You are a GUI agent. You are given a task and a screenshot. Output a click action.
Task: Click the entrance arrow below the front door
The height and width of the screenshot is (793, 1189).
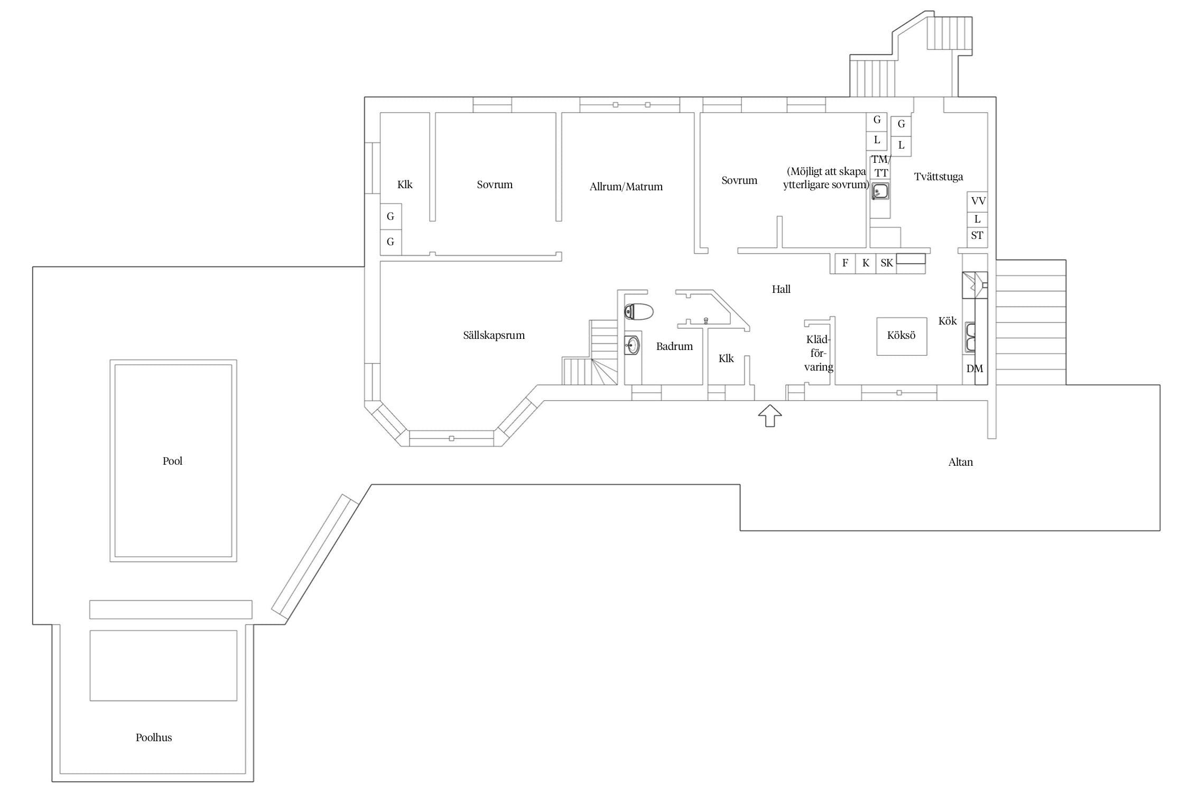[x=770, y=416]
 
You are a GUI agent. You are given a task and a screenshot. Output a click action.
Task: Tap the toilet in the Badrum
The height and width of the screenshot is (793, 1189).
[x=638, y=311]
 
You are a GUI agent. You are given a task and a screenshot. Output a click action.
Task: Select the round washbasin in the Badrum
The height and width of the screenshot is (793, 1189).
[x=632, y=346]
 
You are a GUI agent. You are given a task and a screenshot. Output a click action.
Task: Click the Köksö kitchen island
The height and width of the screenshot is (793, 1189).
[x=902, y=336]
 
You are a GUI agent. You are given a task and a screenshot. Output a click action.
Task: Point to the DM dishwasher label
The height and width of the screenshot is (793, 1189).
[x=975, y=368]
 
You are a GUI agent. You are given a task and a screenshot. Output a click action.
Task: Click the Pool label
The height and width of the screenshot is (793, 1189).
[x=172, y=461]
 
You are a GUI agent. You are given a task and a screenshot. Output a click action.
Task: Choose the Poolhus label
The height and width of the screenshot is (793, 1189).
[x=154, y=737]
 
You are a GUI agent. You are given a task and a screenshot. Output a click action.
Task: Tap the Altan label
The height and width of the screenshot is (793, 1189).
[x=961, y=462]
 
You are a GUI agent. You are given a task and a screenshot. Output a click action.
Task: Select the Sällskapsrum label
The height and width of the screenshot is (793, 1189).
[x=494, y=335]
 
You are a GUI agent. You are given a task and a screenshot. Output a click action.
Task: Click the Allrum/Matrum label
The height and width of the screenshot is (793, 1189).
[x=626, y=187]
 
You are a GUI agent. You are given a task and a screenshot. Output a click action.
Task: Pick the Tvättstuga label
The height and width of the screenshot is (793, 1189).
[x=939, y=177]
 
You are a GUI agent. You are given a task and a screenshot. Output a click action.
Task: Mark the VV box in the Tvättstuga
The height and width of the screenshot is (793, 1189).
[x=978, y=201]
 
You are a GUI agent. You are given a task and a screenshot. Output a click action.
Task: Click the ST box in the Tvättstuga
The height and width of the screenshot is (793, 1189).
[x=977, y=236]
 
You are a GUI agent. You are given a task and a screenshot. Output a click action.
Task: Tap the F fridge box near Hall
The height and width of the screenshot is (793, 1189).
[x=846, y=263]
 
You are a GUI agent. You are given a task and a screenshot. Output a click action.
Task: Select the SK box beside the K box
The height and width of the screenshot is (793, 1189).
[x=887, y=263]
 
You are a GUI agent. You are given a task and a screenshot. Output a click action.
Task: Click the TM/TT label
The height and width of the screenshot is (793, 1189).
[x=881, y=166]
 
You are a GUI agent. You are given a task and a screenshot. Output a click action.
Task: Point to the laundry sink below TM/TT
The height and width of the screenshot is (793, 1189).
[x=880, y=191]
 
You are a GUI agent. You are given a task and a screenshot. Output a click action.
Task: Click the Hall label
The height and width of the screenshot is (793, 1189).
[x=781, y=289]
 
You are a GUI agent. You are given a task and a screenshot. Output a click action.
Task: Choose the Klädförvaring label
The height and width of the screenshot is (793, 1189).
[x=819, y=353]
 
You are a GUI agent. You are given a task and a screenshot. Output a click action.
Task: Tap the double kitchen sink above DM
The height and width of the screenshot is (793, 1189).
[x=971, y=337]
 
